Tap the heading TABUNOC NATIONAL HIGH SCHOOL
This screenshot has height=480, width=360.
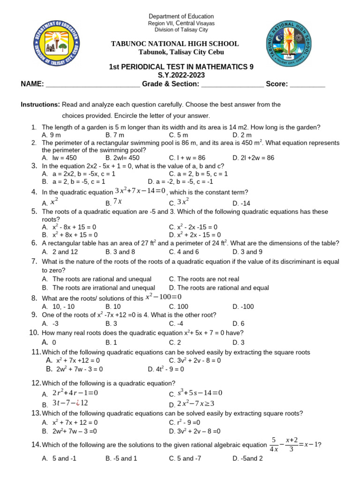[174, 44]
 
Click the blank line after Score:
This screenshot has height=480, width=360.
[307, 84]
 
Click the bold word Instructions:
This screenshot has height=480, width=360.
[40, 105]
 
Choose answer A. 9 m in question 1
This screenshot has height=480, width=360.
[52, 135]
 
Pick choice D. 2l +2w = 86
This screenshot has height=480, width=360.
[253, 158]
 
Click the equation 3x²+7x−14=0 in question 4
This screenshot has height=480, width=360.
[140, 191]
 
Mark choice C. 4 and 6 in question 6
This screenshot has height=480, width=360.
[184, 252]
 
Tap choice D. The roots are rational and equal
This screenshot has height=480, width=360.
[219, 288]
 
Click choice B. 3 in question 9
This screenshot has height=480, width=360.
[111, 323]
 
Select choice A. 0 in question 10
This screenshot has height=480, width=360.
[51, 343]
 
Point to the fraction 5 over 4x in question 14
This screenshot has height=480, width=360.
[274, 444]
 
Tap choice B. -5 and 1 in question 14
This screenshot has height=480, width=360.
[121, 458]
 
